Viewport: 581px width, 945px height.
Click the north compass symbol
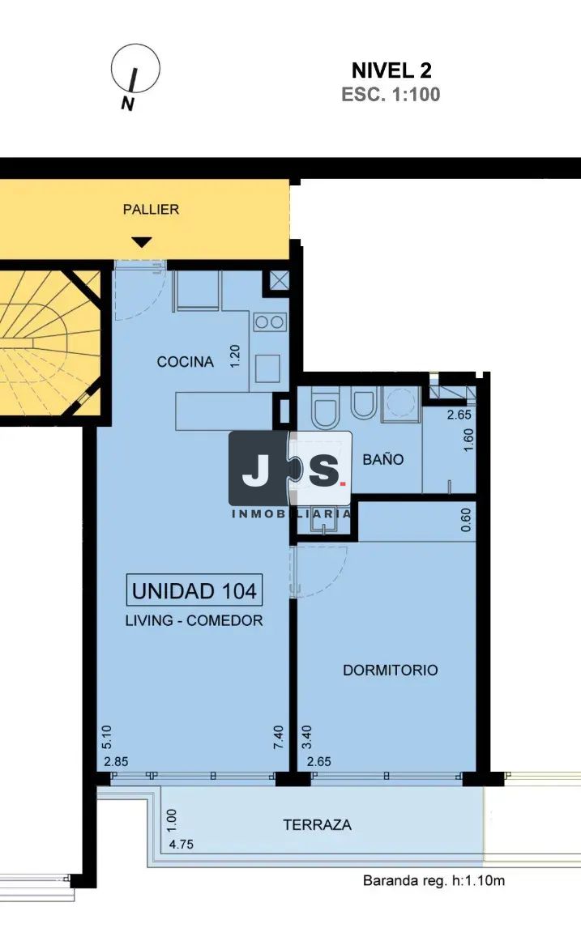click(135, 69)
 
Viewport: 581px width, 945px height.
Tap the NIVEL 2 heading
click(391, 70)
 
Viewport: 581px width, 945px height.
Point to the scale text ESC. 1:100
click(391, 95)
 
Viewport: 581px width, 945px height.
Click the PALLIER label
click(151, 210)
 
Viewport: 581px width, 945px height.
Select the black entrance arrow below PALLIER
click(142, 242)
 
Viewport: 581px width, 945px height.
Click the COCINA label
click(186, 362)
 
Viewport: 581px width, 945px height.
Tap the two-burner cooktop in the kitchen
click(270, 321)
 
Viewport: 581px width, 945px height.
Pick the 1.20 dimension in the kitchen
click(235, 355)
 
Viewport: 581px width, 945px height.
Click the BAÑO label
click(383, 459)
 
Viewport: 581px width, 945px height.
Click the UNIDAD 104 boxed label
click(194, 590)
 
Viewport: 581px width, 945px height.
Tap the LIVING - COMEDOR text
click(194, 621)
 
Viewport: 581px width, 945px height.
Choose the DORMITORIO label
click(391, 670)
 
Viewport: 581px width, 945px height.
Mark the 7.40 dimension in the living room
click(278, 737)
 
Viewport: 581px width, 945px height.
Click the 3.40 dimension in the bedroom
click(306, 737)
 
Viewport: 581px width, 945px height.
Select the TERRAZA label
click(318, 825)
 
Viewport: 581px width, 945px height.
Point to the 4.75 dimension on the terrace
click(182, 845)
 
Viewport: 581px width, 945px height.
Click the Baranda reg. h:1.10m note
click(434, 881)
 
